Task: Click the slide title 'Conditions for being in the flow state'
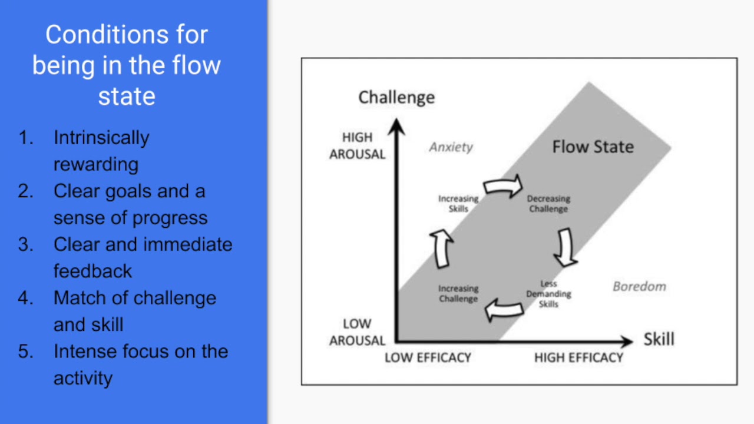[127, 65]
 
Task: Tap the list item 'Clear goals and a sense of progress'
[130, 204]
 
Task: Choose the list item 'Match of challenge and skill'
[134, 311]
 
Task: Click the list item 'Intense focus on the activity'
[140, 365]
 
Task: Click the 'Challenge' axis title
[396, 97]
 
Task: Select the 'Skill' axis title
[659, 339]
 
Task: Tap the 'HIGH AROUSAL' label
[357, 145]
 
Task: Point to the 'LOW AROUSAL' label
[357, 332]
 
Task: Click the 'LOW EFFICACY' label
[428, 357]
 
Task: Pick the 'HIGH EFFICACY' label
[578, 357]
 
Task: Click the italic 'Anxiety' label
[451, 147]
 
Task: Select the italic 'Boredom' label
[639, 287]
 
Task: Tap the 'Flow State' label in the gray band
[593, 147]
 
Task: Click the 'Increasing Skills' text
[458, 204]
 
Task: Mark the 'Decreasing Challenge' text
[548, 204]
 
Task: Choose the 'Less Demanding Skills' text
[548, 293]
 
